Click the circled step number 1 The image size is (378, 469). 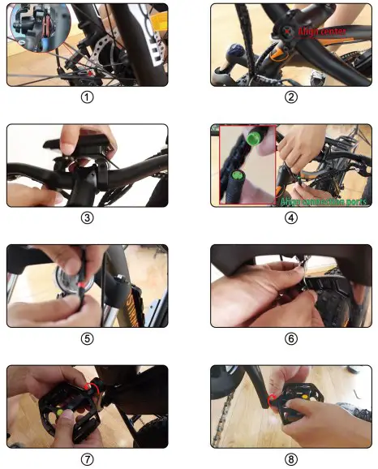point(88,97)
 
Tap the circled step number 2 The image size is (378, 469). point(291,97)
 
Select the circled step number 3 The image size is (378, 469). point(88,217)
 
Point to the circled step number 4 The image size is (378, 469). point(291,217)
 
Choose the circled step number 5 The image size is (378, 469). point(88,338)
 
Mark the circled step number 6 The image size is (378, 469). point(291,338)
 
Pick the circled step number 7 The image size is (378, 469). point(88,458)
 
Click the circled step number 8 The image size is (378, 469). point(291,458)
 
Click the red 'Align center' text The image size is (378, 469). point(324,30)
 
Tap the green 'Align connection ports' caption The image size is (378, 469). point(323,200)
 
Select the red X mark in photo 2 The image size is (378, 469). point(288,31)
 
